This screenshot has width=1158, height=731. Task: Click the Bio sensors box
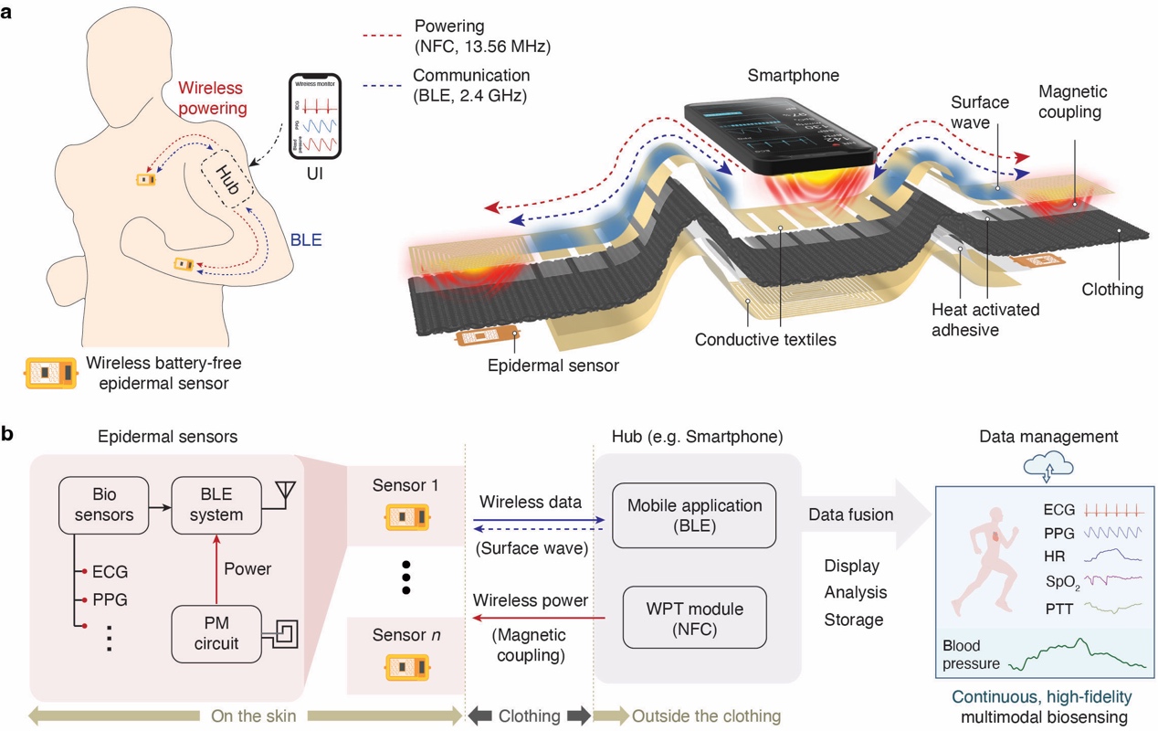97,504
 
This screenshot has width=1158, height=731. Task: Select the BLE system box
216,504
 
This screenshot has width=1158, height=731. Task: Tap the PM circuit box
216,633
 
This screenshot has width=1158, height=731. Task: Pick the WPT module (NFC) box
694,619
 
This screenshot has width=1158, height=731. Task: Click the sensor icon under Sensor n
405,666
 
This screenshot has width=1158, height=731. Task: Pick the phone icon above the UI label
314,115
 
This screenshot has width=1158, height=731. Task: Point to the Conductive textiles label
765,340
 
